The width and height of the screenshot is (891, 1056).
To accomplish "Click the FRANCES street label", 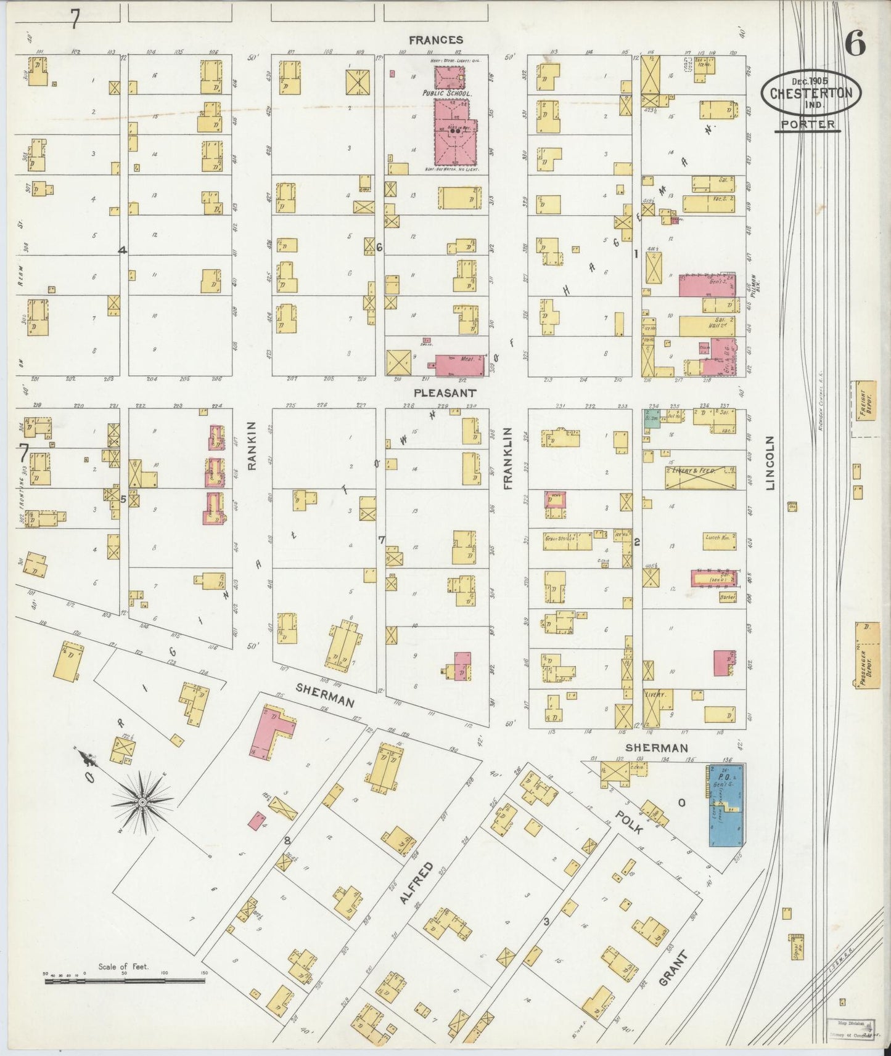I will click(x=436, y=40).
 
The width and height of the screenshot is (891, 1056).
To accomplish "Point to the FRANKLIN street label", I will click(x=509, y=458).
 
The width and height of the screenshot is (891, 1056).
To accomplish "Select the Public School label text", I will click(x=447, y=93).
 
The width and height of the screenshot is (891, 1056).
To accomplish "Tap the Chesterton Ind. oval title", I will click(x=811, y=93).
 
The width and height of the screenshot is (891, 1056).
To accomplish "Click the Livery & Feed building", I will click(x=700, y=477).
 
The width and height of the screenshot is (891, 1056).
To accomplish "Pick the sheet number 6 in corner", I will click(x=855, y=45).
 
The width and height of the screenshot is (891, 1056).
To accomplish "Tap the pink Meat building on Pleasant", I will click(x=459, y=365).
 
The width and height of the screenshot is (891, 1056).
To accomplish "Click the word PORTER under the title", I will click(x=807, y=124).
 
